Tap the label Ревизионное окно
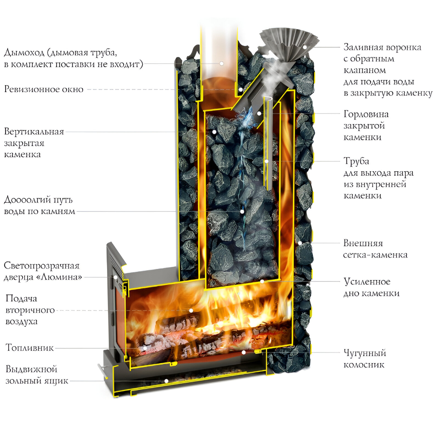coord(44,90)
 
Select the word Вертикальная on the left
coord(34,131)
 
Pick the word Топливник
coord(30,347)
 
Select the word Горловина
coord(367,114)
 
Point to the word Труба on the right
coord(356,161)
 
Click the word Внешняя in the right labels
coord(363,243)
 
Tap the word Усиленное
coord(367,282)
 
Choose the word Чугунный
coord(365,353)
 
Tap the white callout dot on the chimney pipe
coord(222,63)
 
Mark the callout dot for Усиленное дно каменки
coord(262,281)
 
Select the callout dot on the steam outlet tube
coord(266,161)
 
